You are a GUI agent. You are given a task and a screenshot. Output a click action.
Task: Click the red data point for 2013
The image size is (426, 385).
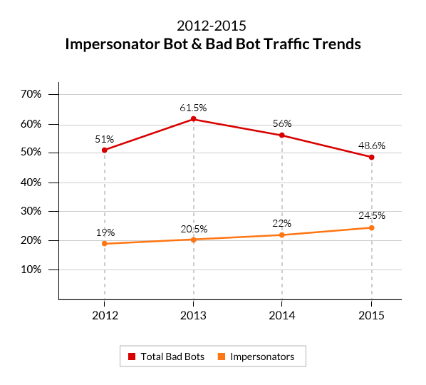(193, 119)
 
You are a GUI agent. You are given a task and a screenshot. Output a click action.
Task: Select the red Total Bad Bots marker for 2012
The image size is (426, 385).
(105, 150)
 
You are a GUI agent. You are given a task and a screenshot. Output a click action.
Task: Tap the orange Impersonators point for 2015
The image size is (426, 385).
(371, 228)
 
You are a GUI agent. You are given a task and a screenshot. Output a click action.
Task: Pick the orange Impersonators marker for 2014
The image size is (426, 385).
(282, 235)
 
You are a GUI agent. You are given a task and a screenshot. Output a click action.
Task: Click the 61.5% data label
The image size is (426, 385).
(193, 108)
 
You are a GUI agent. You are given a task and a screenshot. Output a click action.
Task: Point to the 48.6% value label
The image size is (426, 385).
(371, 145)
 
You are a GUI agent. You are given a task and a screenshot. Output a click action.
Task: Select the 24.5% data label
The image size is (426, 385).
(371, 215)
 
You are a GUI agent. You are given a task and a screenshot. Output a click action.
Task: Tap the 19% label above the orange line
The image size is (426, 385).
(105, 232)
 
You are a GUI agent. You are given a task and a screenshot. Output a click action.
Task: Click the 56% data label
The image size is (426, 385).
(282, 123)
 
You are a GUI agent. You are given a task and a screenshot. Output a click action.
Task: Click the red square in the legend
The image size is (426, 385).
(132, 356)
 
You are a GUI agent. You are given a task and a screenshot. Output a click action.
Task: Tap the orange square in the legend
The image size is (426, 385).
(221, 356)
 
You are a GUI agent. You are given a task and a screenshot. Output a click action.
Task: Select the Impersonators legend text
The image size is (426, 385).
(261, 356)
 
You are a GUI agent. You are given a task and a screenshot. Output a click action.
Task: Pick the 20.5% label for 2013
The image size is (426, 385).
(193, 228)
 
